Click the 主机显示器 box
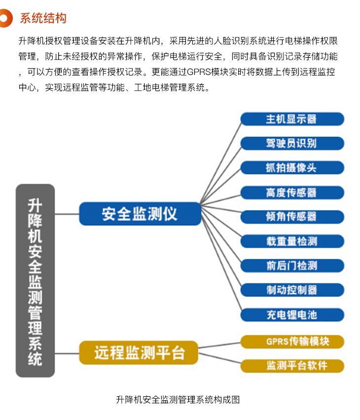coord(292,119)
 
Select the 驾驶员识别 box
coord(292,143)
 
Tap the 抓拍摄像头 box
coord(292,168)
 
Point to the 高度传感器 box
coord(292,192)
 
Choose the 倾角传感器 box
coord(292,217)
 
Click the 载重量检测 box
coord(292,241)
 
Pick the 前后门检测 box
coord(292,265)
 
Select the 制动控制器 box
coord(292,290)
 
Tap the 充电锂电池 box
coord(292,315)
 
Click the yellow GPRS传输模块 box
coord(292,342)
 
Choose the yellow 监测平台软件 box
coord(292,366)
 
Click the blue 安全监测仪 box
coord(140,214)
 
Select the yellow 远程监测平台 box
coord(139,352)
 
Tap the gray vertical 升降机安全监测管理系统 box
coord(35,280)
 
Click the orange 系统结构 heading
coord(43,18)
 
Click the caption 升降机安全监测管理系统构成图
coord(178,400)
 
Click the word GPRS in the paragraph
coord(199,72)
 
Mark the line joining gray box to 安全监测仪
coord(67,214)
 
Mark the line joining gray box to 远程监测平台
coord(67,353)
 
